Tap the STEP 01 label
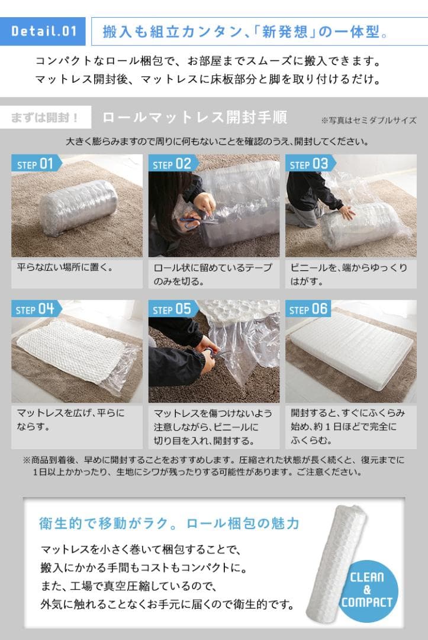click(x=36, y=164)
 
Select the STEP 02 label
click(x=172, y=164)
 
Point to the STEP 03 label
click(x=308, y=164)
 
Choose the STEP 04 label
click(x=36, y=309)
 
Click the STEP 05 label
click(x=172, y=309)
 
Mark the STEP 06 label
click(x=308, y=309)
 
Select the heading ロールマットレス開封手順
click(x=195, y=117)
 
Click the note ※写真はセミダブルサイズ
click(x=368, y=120)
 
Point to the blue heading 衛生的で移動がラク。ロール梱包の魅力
click(x=169, y=524)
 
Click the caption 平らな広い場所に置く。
click(x=65, y=267)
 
